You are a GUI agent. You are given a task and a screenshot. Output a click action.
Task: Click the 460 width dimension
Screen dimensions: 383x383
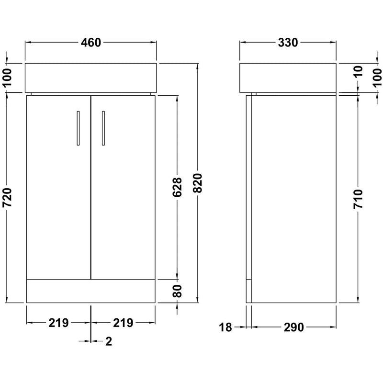pyautogui.click(x=91, y=43)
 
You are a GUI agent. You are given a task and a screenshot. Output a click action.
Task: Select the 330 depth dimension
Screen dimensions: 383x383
pyautogui.click(x=288, y=43)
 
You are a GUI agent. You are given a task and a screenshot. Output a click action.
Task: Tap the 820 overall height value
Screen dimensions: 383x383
pyautogui.click(x=198, y=183)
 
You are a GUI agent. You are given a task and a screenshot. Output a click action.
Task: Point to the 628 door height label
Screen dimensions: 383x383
pyautogui.click(x=177, y=187)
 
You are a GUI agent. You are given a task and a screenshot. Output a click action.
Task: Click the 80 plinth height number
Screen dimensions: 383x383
pyautogui.click(x=177, y=291)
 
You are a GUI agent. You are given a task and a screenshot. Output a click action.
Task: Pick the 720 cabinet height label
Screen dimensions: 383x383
pyautogui.click(x=7, y=197)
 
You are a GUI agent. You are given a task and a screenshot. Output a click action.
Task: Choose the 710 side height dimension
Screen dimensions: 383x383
pyautogui.click(x=358, y=199)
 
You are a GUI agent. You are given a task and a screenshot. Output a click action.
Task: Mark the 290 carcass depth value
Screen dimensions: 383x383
pyautogui.click(x=293, y=327)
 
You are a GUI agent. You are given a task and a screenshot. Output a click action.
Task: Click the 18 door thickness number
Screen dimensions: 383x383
pyautogui.click(x=225, y=327)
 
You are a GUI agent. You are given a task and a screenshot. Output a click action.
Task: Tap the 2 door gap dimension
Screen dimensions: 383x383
pyautogui.click(x=109, y=341)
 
